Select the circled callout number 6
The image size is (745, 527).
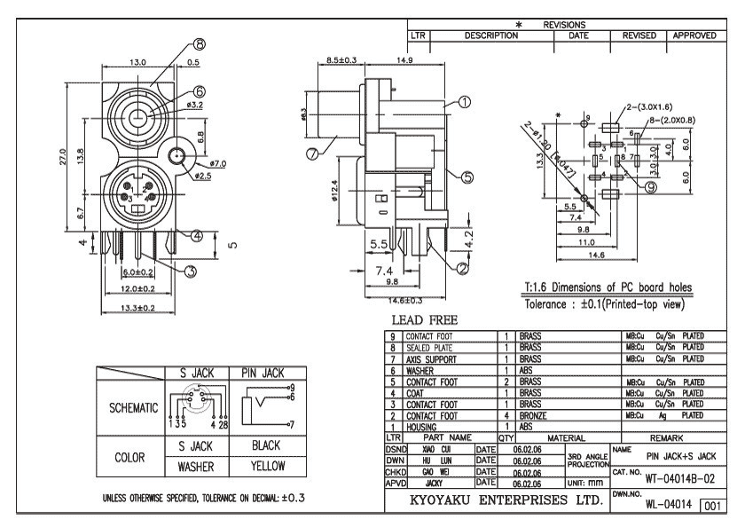coord(200,90)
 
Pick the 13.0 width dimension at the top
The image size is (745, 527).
coord(138,64)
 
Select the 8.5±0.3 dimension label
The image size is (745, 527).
coord(341,60)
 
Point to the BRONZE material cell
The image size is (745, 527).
coord(534,413)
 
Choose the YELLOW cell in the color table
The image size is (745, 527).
coord(266,464)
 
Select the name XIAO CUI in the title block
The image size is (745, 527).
coord(437,450)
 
